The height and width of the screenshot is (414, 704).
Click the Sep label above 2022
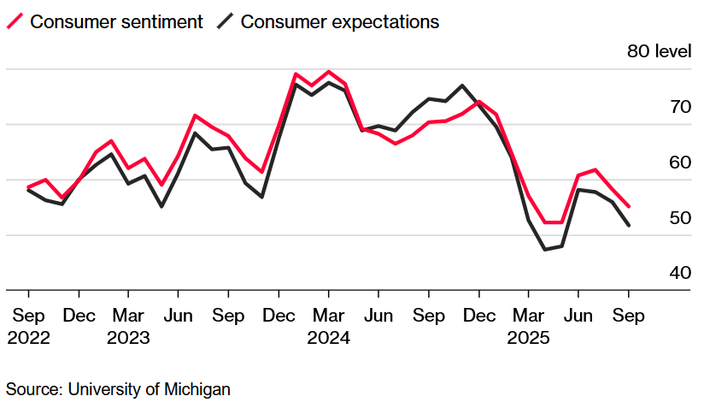(28, 316)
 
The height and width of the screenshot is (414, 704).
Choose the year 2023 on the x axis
(128, 338)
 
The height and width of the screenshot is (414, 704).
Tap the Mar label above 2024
(328, 316)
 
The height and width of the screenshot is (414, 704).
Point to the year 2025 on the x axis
(529, 338)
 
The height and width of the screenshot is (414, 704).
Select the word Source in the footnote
(32, 389)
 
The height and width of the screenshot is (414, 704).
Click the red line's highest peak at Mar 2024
(329, 72)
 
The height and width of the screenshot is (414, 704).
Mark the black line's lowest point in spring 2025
(544, 250)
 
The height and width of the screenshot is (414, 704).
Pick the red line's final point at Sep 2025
(630, 206)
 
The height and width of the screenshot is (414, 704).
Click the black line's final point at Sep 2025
(630, 226)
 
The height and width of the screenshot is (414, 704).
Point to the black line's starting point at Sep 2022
(28, 190)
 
